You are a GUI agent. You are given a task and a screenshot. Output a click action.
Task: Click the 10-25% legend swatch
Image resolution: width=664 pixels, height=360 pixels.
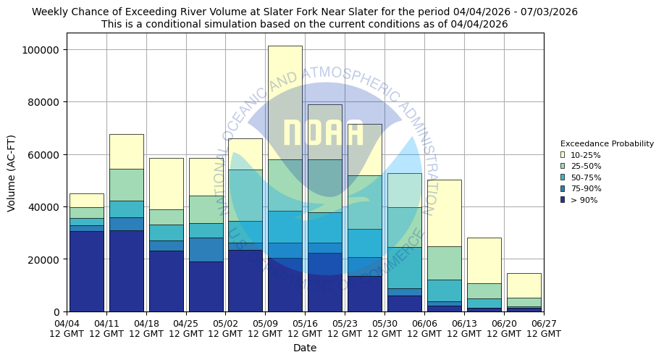click(563, 155)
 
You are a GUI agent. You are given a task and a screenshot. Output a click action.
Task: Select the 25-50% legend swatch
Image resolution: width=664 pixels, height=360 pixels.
click(563, 166)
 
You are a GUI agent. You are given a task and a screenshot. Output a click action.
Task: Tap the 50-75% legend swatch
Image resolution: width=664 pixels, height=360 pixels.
click(563, 177)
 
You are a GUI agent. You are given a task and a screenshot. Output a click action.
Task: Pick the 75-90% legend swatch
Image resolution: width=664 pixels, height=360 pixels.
click(563, 188)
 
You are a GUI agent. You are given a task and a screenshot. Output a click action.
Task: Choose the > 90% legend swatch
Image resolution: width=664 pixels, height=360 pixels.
click(563, 200)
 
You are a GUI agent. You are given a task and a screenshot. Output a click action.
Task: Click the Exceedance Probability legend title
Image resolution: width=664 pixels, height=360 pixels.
click(607, 143)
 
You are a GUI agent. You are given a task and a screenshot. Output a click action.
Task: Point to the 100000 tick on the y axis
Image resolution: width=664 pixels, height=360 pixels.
click(42, 50)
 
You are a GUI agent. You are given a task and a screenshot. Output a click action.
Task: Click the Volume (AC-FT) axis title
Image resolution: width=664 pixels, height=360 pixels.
click(12, 172)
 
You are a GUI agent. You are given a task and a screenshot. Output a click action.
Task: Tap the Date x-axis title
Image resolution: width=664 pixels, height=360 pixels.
click(305, 348)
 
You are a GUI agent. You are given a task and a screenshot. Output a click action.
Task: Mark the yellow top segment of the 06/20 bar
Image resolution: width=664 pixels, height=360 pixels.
click(524, 285)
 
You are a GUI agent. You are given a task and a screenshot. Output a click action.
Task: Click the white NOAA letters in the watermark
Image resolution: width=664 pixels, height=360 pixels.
click(324, 133)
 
